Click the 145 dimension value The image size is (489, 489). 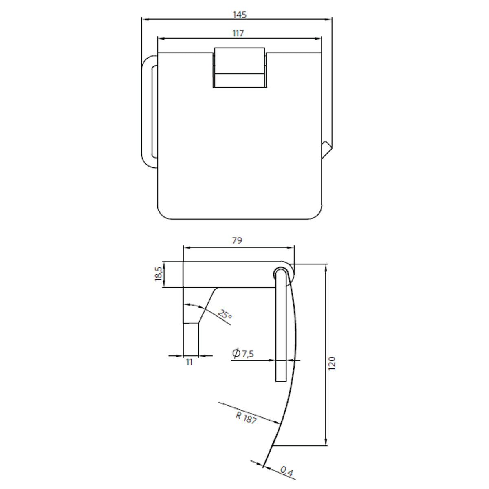tap(240, 14)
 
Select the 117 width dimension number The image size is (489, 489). tap(238, 33)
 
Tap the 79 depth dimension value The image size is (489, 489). tap(237, 240)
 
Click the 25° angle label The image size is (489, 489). tap(225, 315)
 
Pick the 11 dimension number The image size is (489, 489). tap(189, 362)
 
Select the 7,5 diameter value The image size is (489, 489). tap(247, 354)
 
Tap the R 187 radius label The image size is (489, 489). tap(246, 418)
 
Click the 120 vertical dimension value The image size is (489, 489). tap(332, 363)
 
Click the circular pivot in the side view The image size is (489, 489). tap(280, 272)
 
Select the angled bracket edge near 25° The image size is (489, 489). tap(208, 306)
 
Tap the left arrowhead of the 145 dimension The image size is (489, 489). tap(144, 19)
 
